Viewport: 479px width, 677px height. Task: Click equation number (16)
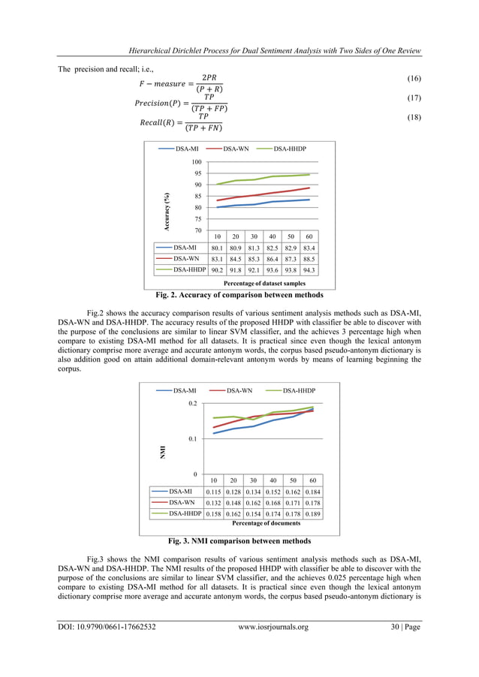(x=411, y=79)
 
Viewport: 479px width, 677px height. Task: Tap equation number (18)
(x=411, y=119)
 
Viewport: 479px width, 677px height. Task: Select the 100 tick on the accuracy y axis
(x=196, y=162)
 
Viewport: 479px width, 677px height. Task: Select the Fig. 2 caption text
(x=239, y=295)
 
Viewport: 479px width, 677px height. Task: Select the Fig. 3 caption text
(x=239, y=540)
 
